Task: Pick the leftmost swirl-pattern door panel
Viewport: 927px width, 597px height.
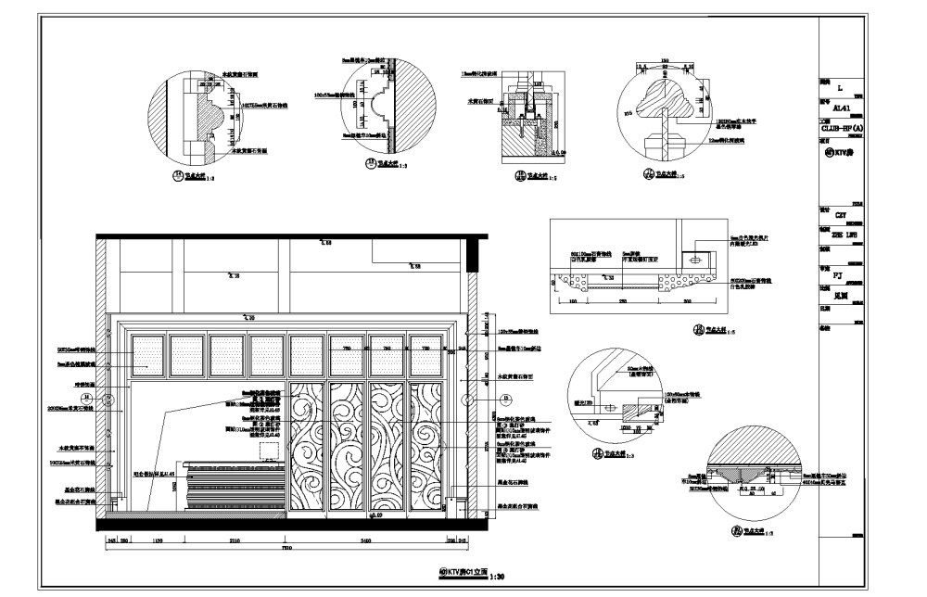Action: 308,445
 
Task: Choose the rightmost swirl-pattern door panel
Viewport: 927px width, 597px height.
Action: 428,445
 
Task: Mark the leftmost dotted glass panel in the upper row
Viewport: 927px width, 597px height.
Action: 148,356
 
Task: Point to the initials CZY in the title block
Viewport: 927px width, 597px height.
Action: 842,215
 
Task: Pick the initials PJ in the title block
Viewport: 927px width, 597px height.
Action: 840,275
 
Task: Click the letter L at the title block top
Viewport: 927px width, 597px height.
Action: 839,89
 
